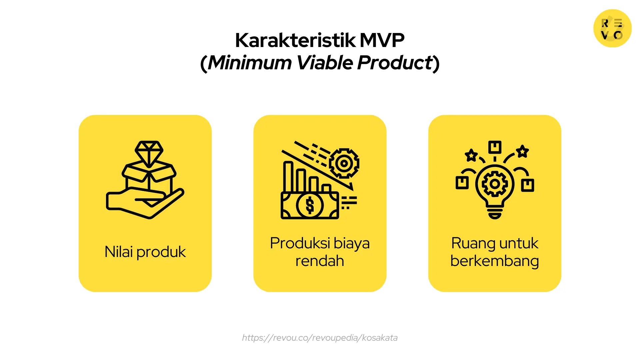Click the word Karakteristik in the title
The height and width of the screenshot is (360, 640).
pyautogui.click(x=295, y=40)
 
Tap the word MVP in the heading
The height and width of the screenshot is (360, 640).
pyautogui.click(x=382, y=40)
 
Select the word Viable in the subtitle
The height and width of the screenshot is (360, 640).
pyautogui.click(x=325, y=63)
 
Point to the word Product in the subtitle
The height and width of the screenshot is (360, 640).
pyautogui.click(x=395, y=63)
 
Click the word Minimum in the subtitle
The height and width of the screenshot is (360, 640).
pyautogui.click(x=250, y=63)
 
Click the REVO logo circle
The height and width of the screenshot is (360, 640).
pyautogui.click(x=612, y=28)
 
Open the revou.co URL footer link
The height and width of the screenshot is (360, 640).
pyautogui.click(x=320, y=338)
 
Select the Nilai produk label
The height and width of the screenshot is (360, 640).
pyautogui.click(x=145, y=252)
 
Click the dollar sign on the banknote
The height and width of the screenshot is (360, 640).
pyautogui.click(x=310, y=205)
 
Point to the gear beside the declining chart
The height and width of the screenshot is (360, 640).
pyautogui.click(x=344, y=163)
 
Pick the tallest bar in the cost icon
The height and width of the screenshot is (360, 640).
pyautogui.click(x=288, y=177)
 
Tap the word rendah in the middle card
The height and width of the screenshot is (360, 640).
pyautogui.click(x=320, y=261)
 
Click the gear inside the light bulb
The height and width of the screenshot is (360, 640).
pyautogui.click(x=495, y=184)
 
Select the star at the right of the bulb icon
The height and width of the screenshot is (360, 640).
pyautogui.click(x=522, y=151)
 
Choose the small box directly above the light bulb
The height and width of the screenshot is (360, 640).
pyautogui.click(x=495, y=147)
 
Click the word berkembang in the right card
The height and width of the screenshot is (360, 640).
pyautogui.click(x=495, y=261)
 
